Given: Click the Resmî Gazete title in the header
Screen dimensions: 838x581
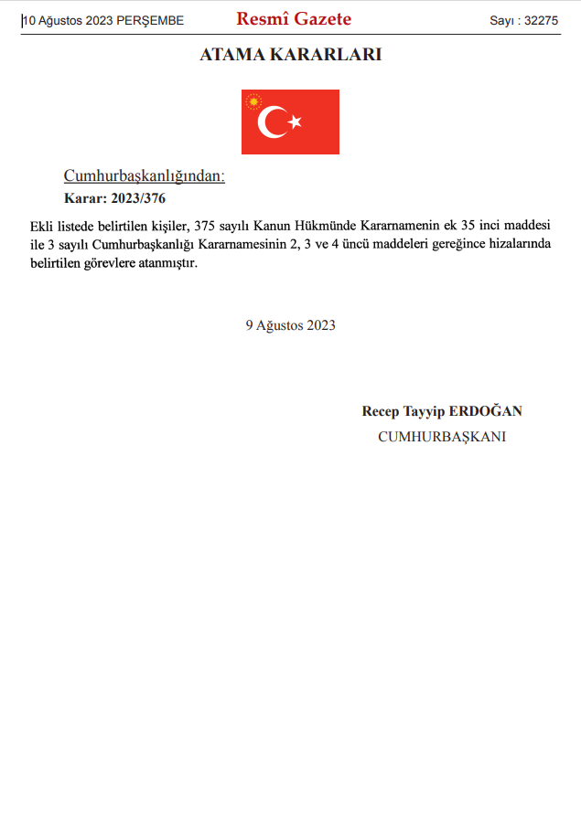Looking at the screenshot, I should (293, 18).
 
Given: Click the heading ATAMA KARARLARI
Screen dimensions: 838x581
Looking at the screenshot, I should (290, 55).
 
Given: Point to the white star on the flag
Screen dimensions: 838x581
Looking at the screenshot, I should (295, 122).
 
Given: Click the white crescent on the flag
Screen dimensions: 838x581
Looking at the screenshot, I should (272, 122).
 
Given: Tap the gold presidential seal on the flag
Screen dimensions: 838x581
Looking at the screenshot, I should (253, 101).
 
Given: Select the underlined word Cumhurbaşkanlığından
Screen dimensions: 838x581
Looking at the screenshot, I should (144, 176).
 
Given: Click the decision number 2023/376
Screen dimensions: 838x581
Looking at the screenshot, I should (138, 198).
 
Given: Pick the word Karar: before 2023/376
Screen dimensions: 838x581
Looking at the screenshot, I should (84, 198).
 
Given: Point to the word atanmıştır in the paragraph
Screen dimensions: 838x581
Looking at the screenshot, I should (169, 264).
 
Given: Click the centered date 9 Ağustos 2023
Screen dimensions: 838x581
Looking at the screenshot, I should (290, 325).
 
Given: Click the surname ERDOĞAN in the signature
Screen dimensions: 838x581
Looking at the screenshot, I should (486, 411).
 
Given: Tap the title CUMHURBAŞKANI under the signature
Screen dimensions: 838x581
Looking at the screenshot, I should (442, 437).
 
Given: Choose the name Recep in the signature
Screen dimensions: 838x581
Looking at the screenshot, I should (381, 411).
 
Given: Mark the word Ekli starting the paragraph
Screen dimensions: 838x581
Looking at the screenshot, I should (42, 225).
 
